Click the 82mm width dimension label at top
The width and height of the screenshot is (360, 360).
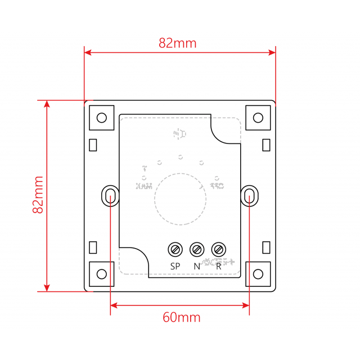(x=177, y=43)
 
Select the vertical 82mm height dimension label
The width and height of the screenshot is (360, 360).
(x=38, y=195)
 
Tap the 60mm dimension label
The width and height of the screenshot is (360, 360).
(x=181, y=317)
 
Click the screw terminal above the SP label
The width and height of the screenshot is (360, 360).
(x=175, y=248)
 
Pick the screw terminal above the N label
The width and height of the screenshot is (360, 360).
(x=197, y=248)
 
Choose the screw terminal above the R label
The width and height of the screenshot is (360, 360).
(x=218, y=248)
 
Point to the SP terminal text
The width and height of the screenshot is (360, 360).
(x=175, y=265)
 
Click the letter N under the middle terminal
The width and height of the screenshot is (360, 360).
(x=197, y=265)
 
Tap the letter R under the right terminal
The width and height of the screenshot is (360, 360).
(x=218, y=265)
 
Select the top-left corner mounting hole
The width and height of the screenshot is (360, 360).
(x=102, y=118)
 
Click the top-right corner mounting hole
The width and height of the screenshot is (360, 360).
(x=258, y=118)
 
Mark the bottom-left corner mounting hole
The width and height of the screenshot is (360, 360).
(x=102, y=274)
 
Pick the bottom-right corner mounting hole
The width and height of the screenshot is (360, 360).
(x=258, y=274)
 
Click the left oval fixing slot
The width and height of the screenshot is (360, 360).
(x=110, y=196)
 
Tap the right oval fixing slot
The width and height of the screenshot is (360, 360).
(x=250, y=196)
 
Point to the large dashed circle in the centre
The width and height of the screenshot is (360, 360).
(x=180, y=199)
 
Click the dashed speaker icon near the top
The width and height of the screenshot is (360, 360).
(x=178, y=134)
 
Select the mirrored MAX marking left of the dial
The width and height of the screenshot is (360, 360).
(x=145, y=186)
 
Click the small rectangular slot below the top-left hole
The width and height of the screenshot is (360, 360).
(x=93, y=145)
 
